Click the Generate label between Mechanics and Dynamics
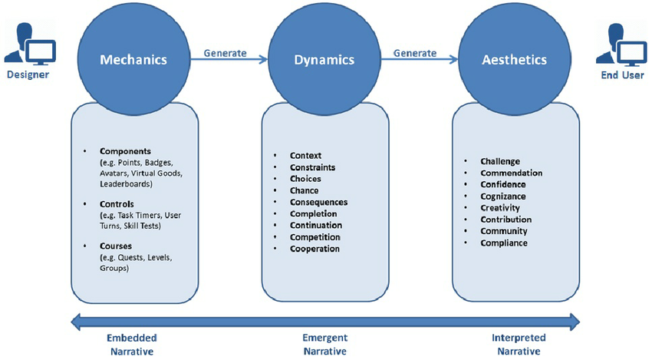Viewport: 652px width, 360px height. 225,53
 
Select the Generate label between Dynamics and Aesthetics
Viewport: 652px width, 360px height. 415,53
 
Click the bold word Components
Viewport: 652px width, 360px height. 126,151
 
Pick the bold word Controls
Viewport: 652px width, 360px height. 117,204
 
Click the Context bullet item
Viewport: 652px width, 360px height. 305,156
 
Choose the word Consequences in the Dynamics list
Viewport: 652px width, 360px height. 318,202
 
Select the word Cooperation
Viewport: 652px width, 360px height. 314,249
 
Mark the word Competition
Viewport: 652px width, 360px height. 314,237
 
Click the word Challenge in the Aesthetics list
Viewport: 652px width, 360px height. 500,161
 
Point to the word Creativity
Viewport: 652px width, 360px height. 500,208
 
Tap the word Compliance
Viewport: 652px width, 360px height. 504,243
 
